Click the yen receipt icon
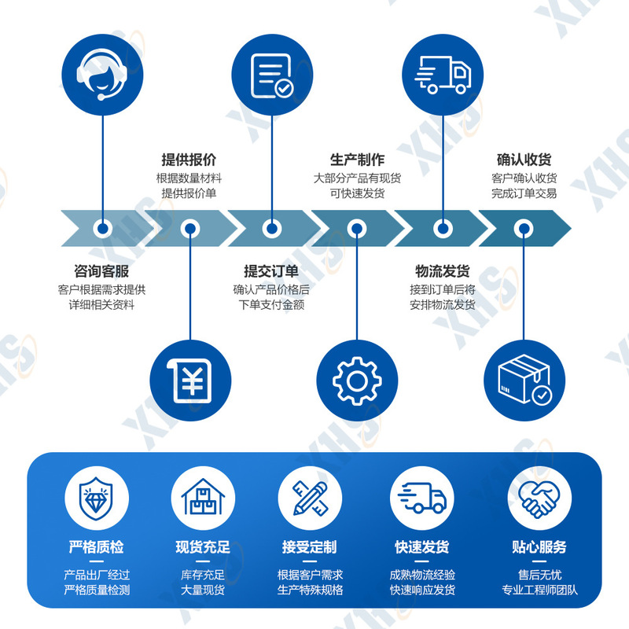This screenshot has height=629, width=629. coord(191,381)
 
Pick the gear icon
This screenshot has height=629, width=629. coord(357,381)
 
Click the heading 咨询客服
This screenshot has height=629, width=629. coord(101,271)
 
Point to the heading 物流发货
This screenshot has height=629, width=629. coord(443,271)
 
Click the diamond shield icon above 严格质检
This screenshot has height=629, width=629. coord(97,498)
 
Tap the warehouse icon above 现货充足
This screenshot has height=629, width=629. coord(203,498)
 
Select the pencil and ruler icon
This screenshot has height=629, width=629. coord(310,498)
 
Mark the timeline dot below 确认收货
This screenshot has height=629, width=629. coord(524,229)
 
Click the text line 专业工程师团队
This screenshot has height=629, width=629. coord(539,590)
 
